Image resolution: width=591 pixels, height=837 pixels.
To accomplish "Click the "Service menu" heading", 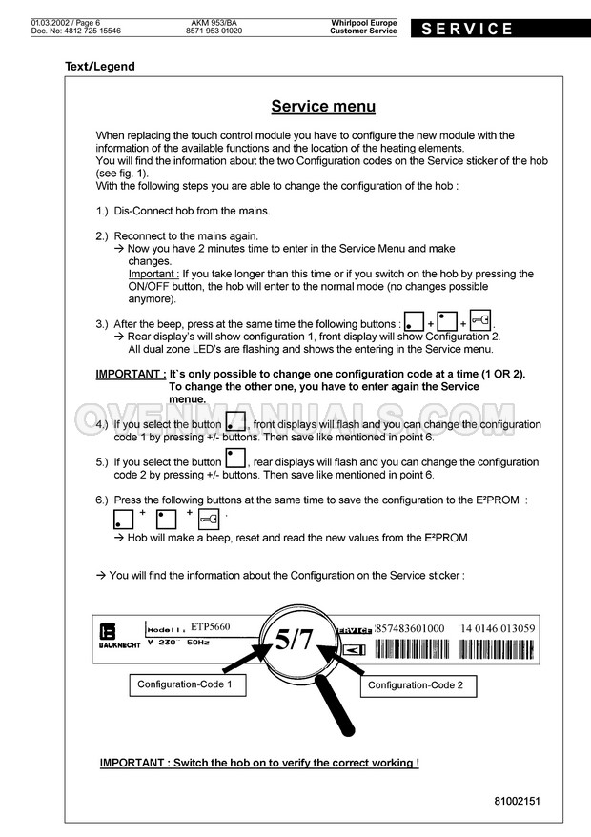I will (323, 107).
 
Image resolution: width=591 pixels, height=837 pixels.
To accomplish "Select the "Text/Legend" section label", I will (99, 67).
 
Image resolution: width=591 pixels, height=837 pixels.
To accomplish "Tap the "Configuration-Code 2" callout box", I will (416, 685).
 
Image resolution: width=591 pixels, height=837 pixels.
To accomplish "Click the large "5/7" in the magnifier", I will (294, 640).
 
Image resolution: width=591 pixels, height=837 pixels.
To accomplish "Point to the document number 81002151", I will (517, 801).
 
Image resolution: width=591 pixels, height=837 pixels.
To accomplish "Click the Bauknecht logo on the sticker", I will (107, 636).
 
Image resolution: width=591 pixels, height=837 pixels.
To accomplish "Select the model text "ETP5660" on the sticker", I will (211, 626).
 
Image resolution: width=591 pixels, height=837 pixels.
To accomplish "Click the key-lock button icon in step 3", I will (481, 321).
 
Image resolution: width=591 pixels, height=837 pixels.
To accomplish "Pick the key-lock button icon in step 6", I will (209, 518).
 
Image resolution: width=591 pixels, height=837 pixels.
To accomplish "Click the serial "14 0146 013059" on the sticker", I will (498, 628).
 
